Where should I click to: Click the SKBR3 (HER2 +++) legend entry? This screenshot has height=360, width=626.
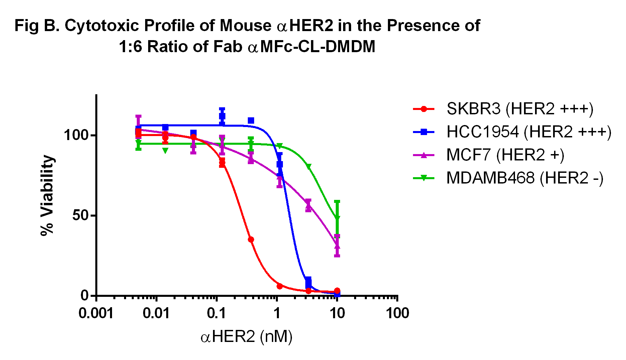(503, 109)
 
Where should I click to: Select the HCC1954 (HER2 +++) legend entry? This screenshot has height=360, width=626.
(512, 132)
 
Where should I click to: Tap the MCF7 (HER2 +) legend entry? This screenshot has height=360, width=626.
(489, 155)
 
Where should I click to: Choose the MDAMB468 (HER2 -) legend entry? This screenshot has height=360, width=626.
(508, 178)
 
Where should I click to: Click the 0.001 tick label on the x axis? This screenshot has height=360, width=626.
(96, 314)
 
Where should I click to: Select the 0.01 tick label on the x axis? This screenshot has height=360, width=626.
(156, 314)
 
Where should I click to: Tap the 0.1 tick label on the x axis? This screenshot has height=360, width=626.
(217, 314)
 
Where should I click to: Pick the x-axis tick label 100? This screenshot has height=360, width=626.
(397, 314)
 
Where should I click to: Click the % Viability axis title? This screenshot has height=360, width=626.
(47, 195)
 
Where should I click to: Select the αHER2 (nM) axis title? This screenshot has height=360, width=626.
(246, 337)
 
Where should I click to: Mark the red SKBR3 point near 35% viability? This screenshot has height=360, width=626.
(251, 239)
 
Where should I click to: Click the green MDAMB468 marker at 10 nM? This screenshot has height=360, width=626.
(337, 218)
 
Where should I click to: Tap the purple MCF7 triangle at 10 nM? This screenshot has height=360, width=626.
(337, 246)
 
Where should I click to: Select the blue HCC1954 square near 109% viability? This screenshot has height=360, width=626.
(251, 120)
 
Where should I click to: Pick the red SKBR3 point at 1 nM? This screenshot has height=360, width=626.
(280, 286)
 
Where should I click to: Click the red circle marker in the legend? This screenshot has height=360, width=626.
(424, 109)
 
